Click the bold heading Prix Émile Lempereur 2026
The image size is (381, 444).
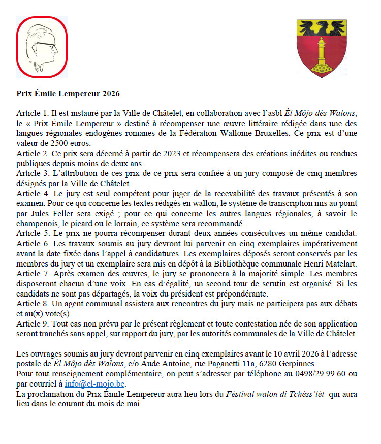pyautogui.click(x=68, y=94)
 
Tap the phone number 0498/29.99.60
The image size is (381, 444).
pyautogui.click(x=320, y=374)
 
